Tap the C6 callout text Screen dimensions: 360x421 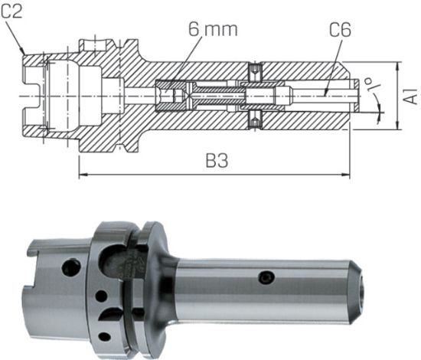[340, 32]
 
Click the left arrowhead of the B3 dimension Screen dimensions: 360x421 [82, 175]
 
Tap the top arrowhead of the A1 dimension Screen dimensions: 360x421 [397, 67]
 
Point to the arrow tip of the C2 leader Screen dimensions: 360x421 [25, 54]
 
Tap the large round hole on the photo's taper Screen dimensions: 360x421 [71, 267]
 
